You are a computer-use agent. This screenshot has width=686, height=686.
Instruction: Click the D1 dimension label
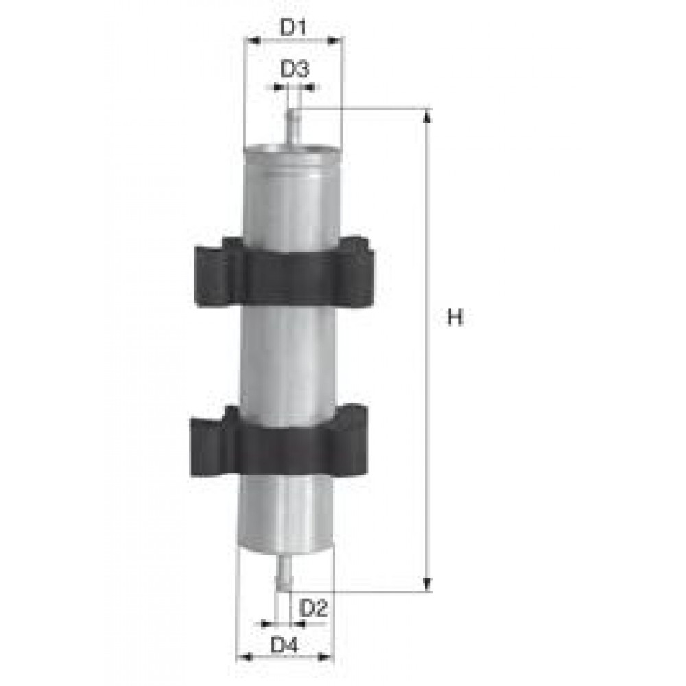(x=293, y=27)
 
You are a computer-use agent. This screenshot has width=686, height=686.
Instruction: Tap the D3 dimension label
(x=295, y=69)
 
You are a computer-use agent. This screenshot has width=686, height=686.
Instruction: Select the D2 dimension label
(x=314, y=607)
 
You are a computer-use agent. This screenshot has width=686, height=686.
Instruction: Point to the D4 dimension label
(x=284, y=645)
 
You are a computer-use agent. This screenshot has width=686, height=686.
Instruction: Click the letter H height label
(x=456, y=317)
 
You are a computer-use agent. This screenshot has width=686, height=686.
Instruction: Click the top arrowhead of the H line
(x=427, y=116)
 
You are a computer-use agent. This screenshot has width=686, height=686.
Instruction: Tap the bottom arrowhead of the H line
(x=427, y=584)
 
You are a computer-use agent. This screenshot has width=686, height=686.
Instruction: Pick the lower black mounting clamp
(x=280, y=442)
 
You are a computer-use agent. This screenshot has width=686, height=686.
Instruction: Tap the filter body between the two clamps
(x=288, y=357)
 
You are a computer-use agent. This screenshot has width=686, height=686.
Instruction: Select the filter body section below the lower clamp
(x=285, y=511)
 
